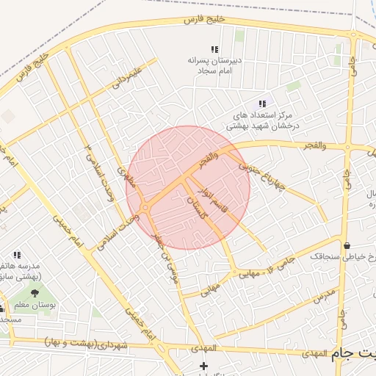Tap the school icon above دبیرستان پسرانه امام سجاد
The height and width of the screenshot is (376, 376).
click(215, 49)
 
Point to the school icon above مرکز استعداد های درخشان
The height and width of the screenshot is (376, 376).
click(262, 104)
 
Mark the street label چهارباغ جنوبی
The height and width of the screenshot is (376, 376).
click(255, 174)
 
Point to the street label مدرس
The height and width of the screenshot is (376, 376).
click(323, 296)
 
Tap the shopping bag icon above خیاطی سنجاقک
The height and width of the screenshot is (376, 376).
click(346, 245)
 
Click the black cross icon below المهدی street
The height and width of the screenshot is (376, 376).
click(203, 366)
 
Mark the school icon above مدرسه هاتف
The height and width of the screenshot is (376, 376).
click(17, 255)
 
